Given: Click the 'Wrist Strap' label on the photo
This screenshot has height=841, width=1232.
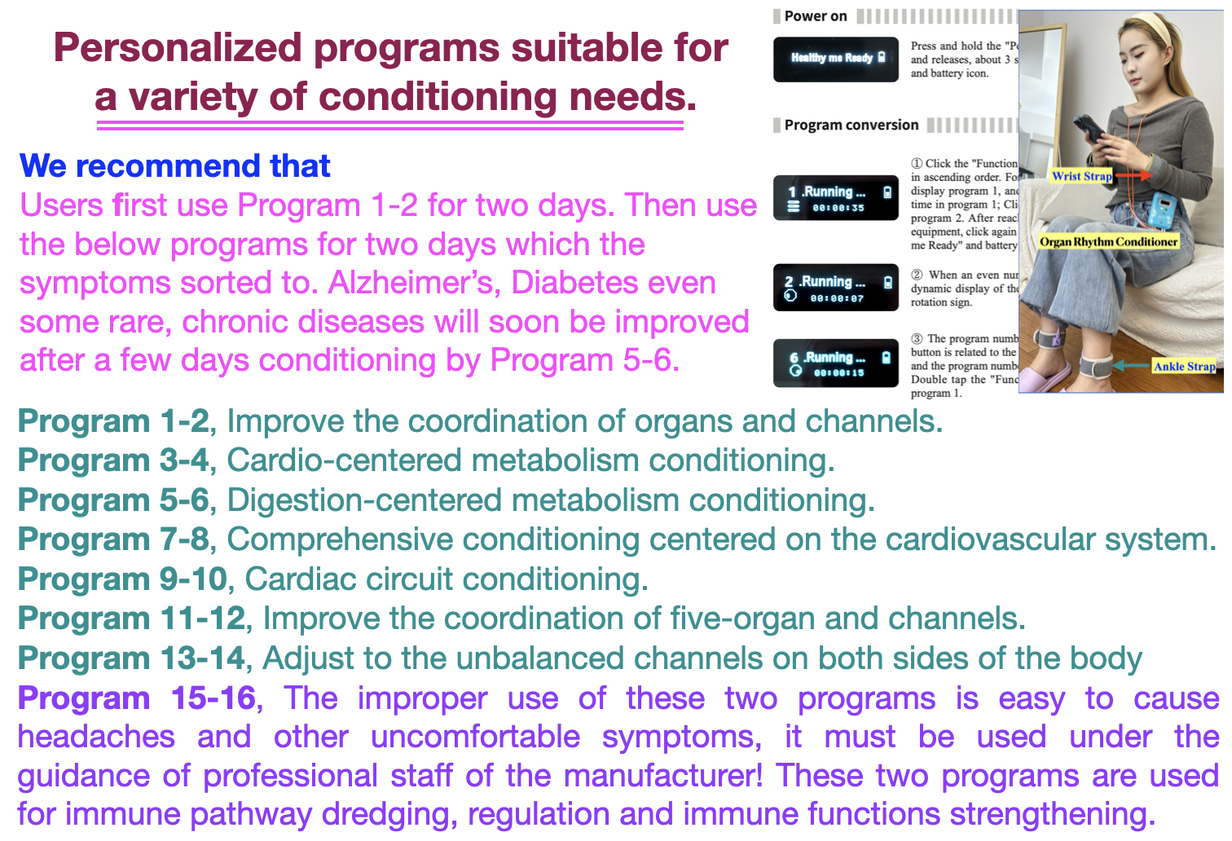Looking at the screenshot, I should coord(1081,176).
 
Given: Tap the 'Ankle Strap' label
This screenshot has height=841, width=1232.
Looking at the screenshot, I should coord(1184,367).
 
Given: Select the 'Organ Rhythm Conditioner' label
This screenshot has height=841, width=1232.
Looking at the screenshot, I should coord(1108,241).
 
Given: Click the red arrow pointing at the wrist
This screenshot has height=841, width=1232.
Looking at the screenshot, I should coord(1133,175).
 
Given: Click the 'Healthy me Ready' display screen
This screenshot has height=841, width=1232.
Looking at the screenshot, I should coord(836,59).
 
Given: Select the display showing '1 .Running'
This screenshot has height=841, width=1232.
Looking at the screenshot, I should coord(836,198).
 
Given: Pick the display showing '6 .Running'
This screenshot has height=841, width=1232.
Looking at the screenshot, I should coord(836,363).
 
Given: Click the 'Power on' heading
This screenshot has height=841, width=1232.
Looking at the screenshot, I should coord(816,16).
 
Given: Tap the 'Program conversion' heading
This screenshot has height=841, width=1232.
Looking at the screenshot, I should coord(851,125).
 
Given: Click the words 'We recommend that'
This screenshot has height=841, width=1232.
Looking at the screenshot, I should coord(175,166).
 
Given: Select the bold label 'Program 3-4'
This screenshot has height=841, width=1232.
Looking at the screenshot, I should coord(113,460).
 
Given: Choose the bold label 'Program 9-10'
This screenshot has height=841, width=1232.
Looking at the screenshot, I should coord(122,579).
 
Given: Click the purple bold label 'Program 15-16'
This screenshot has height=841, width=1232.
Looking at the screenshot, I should coord(137,698).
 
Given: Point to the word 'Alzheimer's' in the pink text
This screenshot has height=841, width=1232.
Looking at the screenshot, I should coord(415,284).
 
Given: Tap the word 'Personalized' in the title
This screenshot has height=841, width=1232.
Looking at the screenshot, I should coord(178,48).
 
